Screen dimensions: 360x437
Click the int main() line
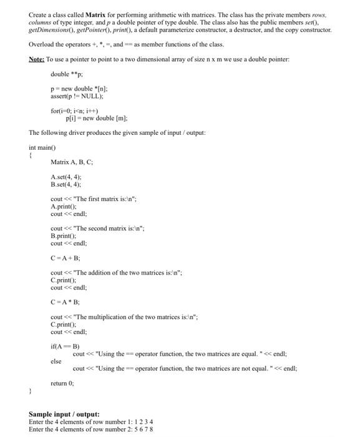click(42, 148)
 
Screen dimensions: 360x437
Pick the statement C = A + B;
click(65, 257)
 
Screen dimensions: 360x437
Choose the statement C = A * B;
click(65, 302)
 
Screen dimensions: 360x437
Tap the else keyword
click(56, 361)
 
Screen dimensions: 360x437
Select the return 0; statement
click(62, 383)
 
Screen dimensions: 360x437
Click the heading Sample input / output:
click(64, 414)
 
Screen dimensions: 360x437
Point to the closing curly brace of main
click(31, 392)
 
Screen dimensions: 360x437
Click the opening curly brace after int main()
click(31, 155)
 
